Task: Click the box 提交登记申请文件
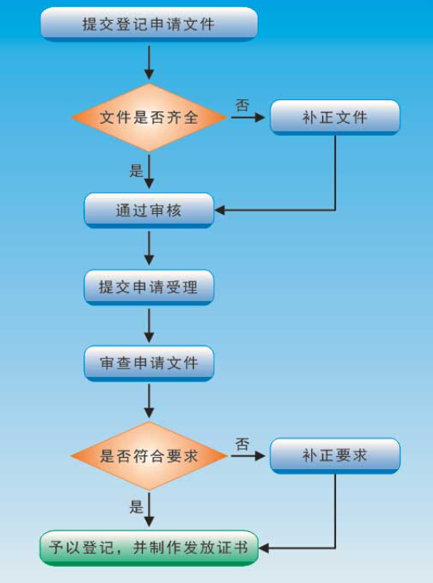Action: point(149,24)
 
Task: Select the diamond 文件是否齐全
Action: point(149,118)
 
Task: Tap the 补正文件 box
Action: point(334,118)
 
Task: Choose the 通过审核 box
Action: point(149,211)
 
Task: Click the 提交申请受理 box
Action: point(149,287)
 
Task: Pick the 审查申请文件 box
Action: point(149,363)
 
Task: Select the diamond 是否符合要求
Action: point(149,456)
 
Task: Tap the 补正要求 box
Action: point(334,456)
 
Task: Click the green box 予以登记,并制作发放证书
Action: point(149,548)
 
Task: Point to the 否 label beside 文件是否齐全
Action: point(242,105)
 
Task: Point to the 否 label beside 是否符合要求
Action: point(242,444)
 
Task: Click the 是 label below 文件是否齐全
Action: point(137,170)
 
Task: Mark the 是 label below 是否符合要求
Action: point(137,507)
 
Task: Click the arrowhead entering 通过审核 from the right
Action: point(220,211)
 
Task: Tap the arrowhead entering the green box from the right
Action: point(263,548)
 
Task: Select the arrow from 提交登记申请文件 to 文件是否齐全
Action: point(149,62)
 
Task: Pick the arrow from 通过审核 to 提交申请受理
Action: point(149,248)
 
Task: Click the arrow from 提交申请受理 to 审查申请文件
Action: point(149,325)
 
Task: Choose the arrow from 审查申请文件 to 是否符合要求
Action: point(149,401)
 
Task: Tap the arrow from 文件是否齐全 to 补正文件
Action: point(248,118)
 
